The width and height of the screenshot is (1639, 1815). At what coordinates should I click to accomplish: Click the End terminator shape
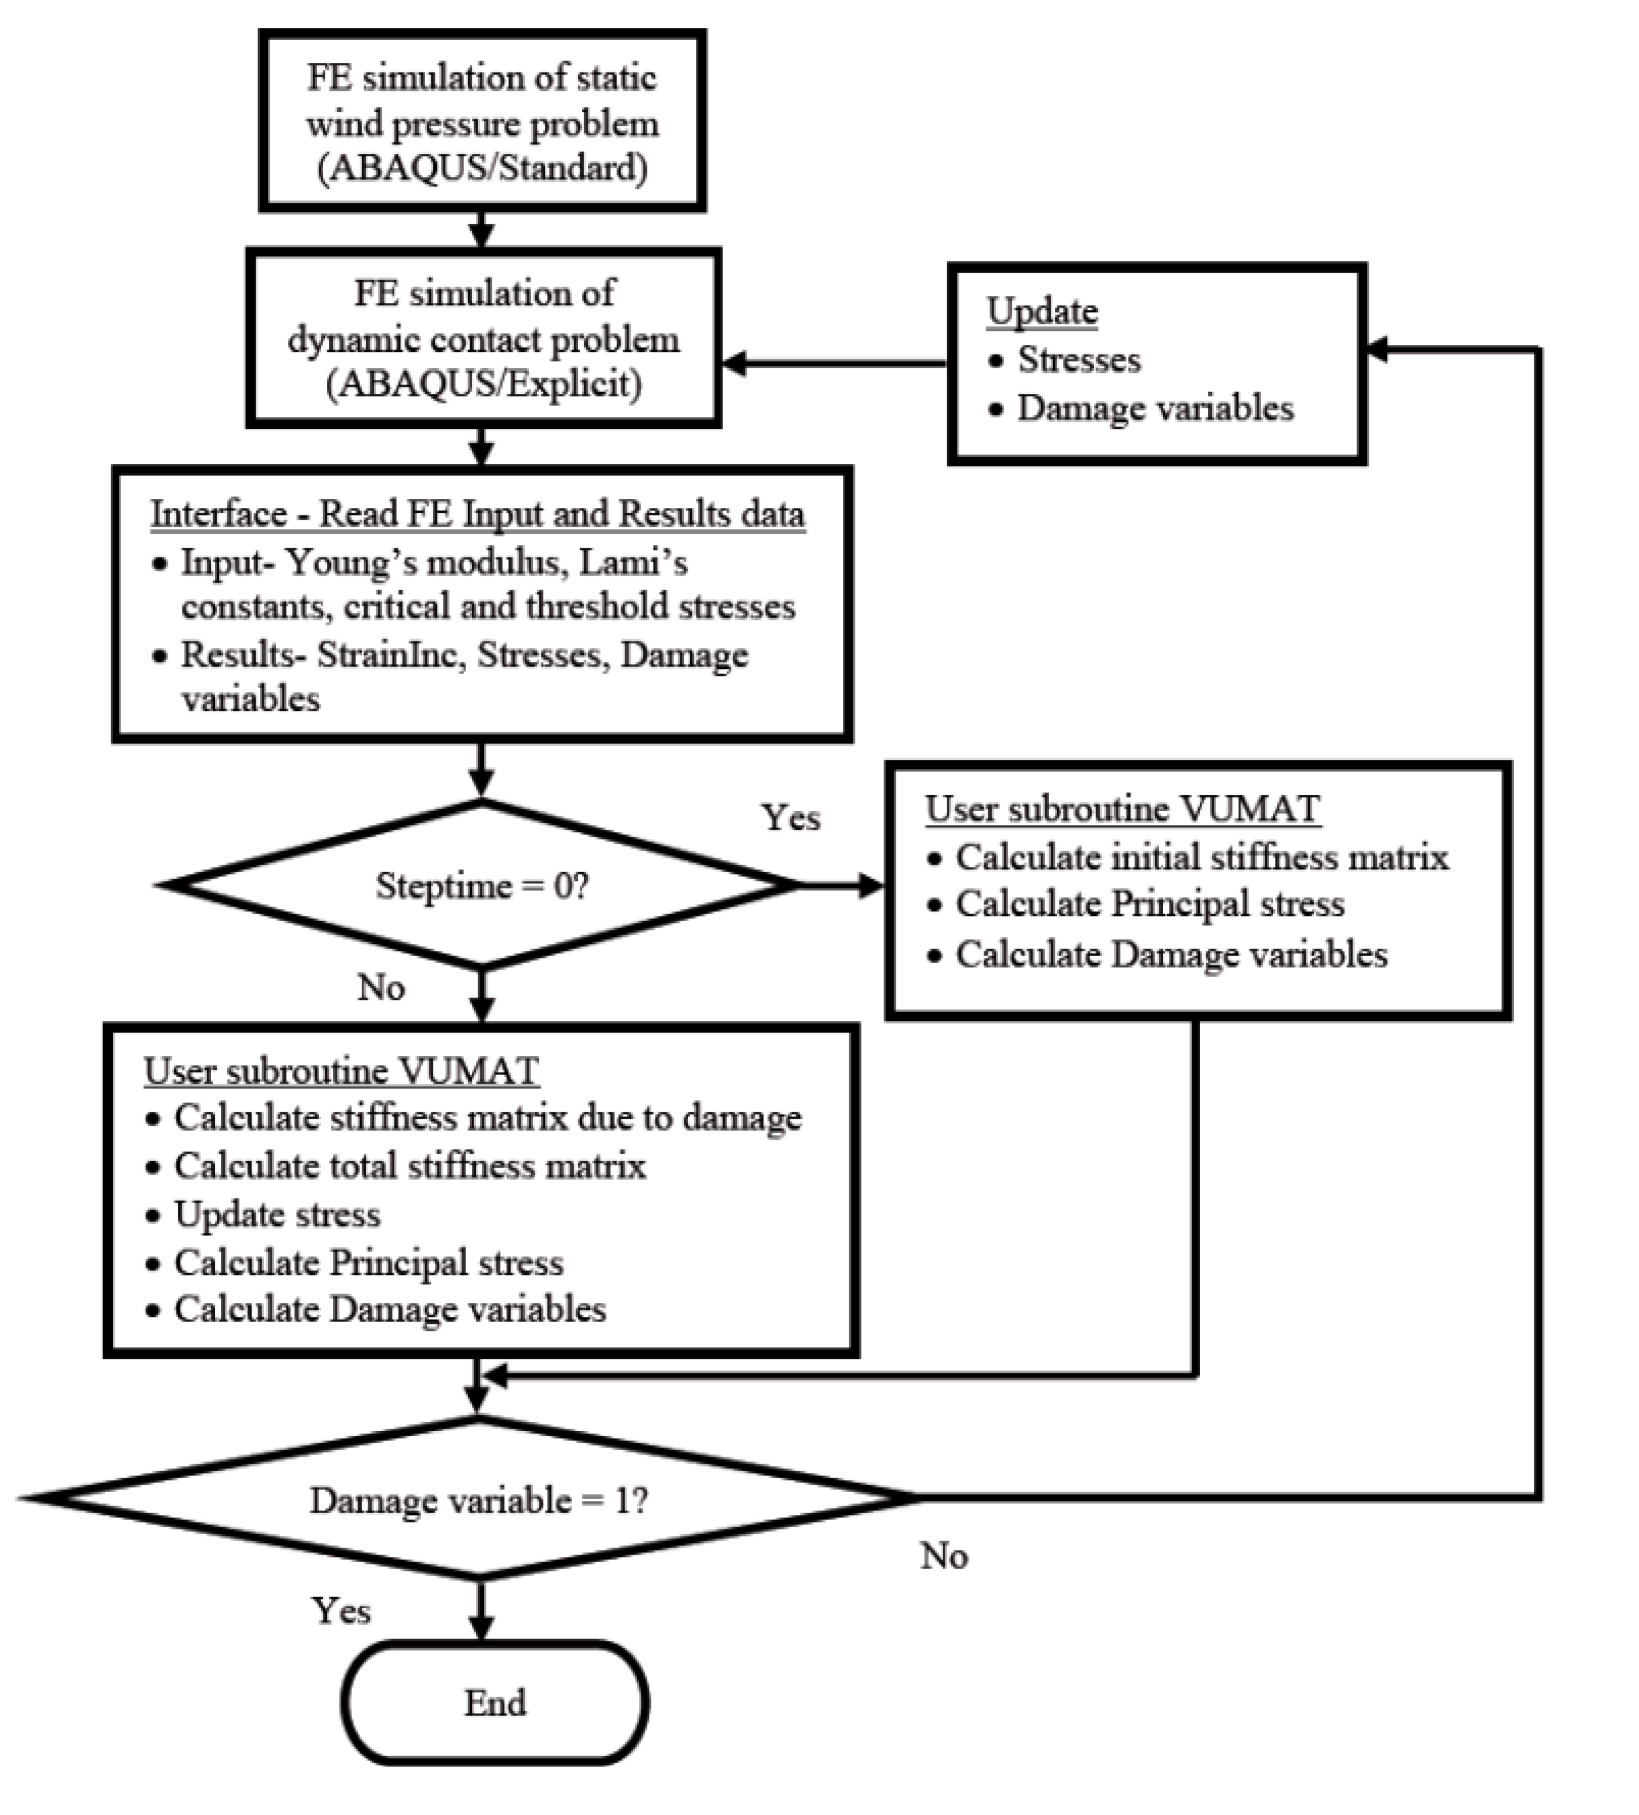click(x=494, y=1701)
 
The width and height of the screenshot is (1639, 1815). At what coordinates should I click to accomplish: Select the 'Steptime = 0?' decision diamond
click(x=482, y=885)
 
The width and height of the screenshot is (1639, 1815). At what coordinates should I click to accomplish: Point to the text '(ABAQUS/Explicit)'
click(x=484, y=385)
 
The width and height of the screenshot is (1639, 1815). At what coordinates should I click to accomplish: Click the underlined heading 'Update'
click(x=1041, y=312)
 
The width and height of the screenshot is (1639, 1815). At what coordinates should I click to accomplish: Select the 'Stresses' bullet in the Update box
click(x=1078, y=360)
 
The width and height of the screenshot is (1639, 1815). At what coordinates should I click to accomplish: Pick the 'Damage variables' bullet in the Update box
click(x=1155, y=408)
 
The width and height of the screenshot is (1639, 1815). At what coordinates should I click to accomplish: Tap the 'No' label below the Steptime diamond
click(x=381, y=988)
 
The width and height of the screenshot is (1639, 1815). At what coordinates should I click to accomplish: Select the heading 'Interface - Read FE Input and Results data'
click(x=477, y=514)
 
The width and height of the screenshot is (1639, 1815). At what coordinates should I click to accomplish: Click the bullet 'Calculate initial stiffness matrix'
click(x=1202, y=857)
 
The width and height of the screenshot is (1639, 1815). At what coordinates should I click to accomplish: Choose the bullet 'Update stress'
click(x=277, y=1214)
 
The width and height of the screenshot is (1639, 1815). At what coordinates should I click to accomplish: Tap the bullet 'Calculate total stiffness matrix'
click(x=409, y=1166)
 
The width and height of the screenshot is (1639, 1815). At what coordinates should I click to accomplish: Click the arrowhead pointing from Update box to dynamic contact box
click(x=734, y=364)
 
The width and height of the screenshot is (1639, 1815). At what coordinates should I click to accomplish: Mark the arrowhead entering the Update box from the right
click(x=1377, y=350)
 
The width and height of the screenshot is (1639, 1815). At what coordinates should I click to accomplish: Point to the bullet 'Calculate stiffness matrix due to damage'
click(x=487, y=1118)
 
